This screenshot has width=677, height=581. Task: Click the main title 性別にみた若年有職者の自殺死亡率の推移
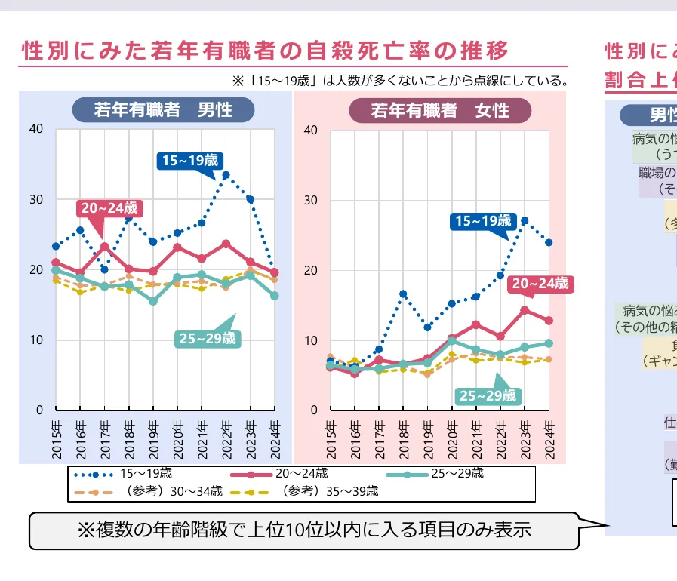pos(266,51)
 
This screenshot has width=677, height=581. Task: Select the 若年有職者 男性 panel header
pos(163,110)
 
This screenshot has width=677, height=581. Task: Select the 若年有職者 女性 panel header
pos(440,111)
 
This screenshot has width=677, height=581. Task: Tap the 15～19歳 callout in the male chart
pos(189,160)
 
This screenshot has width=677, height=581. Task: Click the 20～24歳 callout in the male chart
pos(109,207)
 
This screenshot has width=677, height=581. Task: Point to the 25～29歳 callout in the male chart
pos(207,338)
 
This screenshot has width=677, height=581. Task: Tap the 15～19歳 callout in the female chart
pos(483,221)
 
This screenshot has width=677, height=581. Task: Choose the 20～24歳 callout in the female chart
pos(540,284)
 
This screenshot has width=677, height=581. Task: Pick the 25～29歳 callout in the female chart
pos(488,395)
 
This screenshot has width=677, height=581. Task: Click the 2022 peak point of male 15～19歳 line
pos(226,175)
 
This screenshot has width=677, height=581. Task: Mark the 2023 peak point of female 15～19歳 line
pos(525,221)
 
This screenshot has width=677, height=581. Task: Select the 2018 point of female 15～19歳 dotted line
pos(403,294)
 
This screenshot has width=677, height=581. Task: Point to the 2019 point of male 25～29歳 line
pos(153,301)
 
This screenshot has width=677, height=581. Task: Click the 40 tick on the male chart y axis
pos(37,130)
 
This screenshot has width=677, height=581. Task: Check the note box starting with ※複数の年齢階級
pos(303,530)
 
